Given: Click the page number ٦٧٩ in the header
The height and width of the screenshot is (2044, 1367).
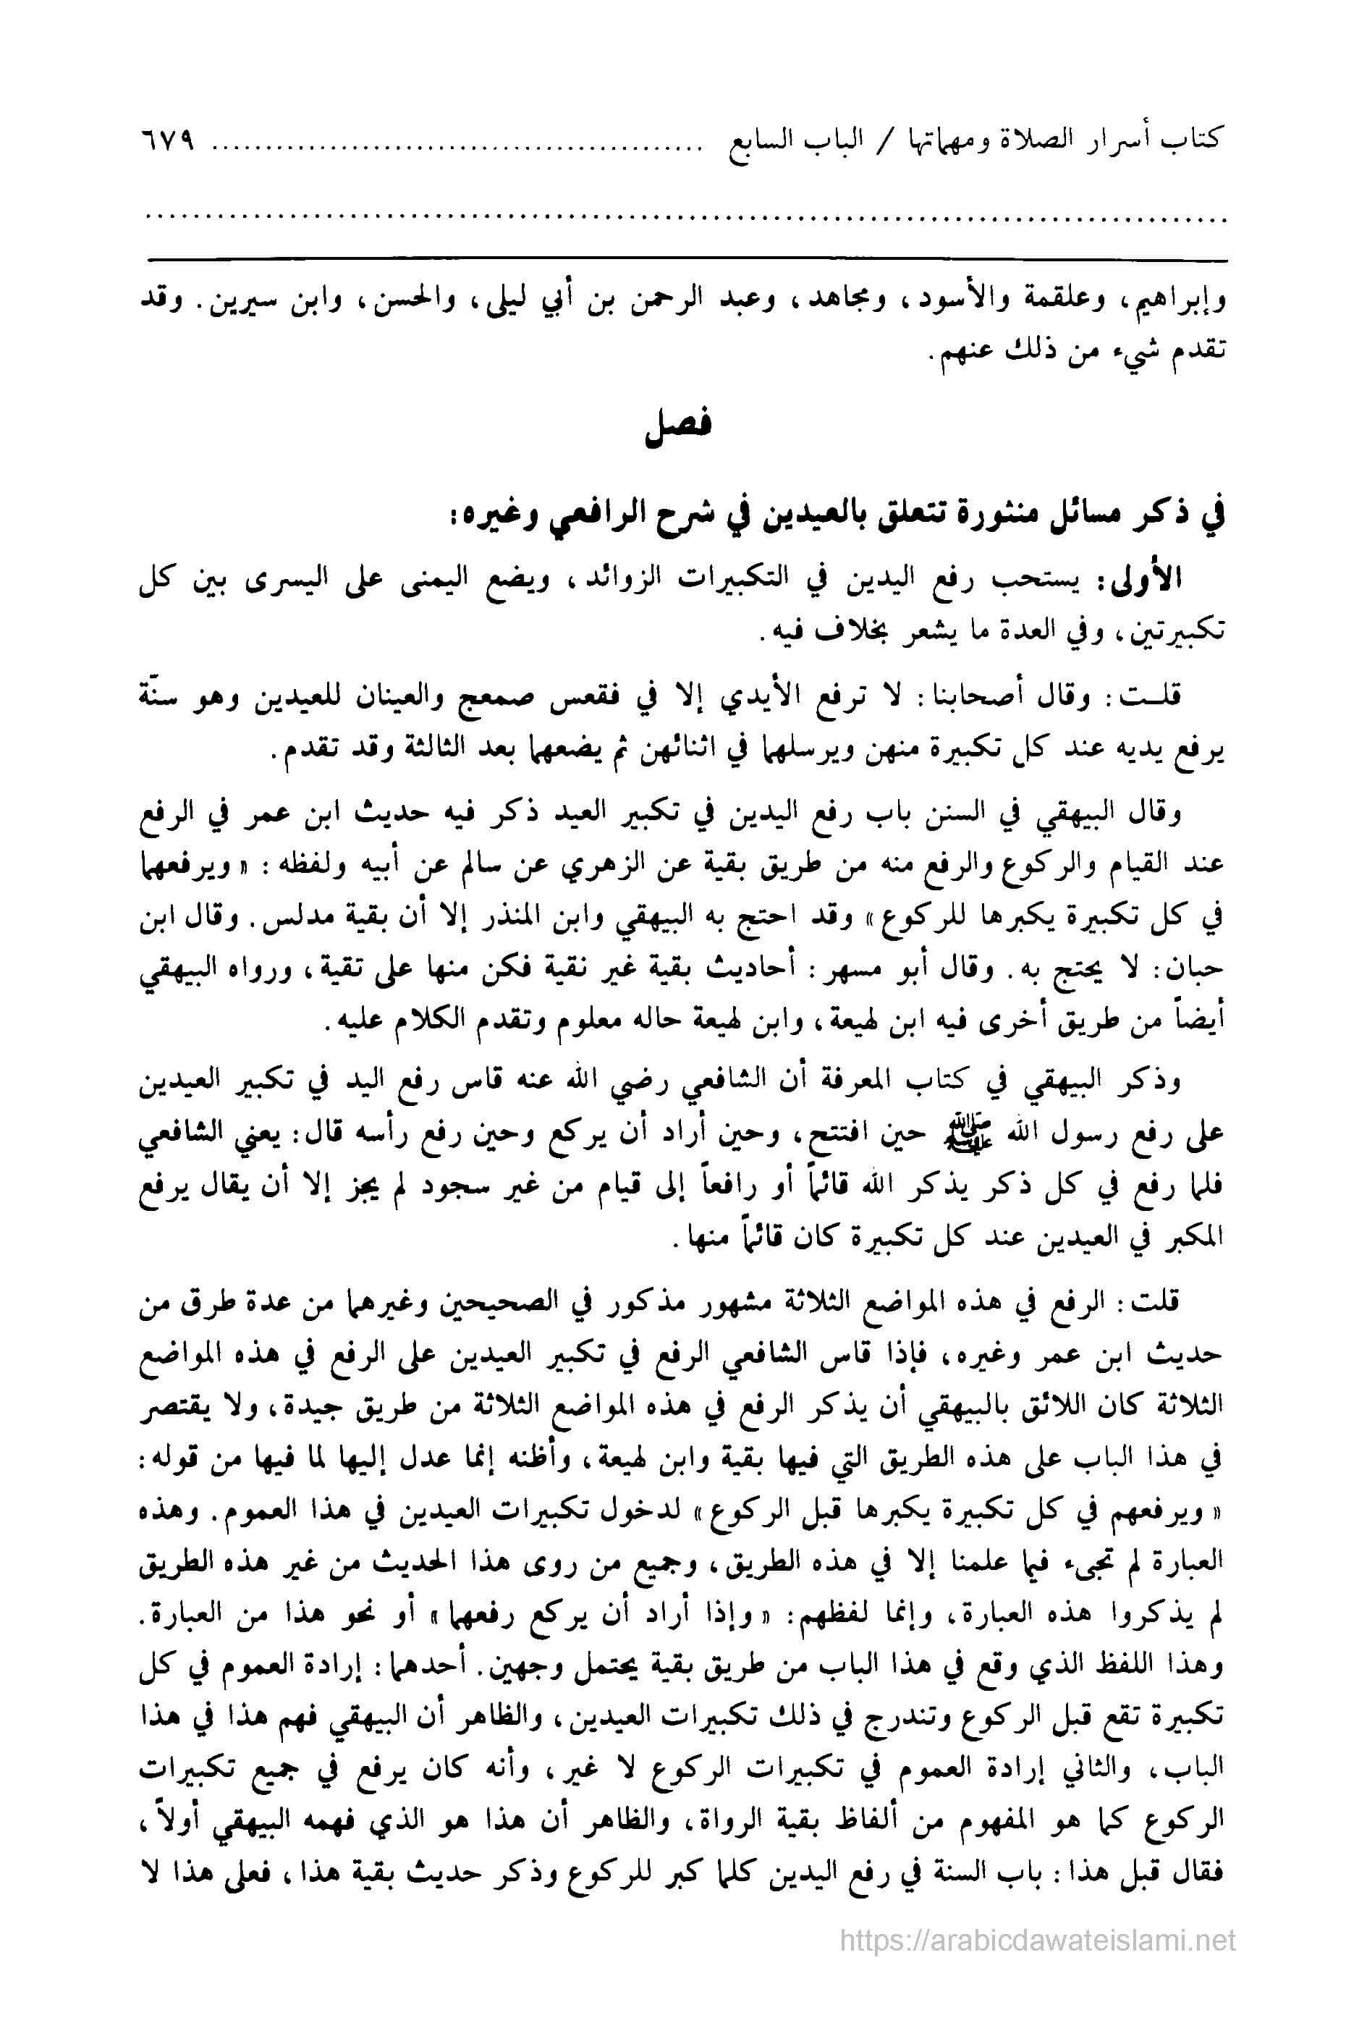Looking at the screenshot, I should (167, 141).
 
